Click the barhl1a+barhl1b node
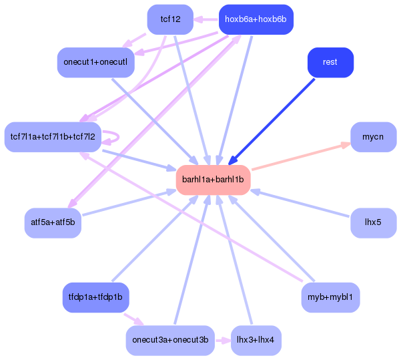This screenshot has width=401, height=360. (213, 180)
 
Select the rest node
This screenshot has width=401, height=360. (330, 62)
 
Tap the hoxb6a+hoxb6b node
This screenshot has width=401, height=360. (256, 19)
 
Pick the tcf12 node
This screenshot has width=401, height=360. (170, 19)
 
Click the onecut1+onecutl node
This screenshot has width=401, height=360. (96, 62)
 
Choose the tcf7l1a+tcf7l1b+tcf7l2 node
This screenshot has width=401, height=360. (53, 137)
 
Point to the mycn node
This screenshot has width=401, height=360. (373, 137)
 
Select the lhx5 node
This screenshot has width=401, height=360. (373, 222)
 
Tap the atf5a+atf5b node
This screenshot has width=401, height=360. (53, 222)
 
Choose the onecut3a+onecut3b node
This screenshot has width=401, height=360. (170, 341)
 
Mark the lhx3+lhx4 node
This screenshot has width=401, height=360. (256, 341)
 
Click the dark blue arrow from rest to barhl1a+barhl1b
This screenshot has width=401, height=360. (272, 120)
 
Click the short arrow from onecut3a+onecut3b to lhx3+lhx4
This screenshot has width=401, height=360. (222, 341)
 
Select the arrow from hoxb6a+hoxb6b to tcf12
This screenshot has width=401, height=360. (206, 19)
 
